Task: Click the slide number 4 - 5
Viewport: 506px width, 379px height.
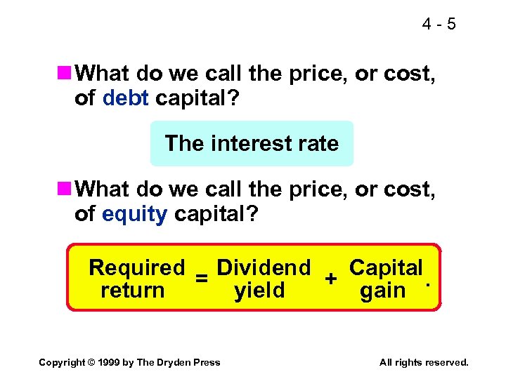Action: [439, 25]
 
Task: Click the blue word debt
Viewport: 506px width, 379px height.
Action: [125, 98]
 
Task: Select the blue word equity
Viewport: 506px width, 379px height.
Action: [134, 214]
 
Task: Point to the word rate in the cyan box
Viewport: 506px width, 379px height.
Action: [316, 144]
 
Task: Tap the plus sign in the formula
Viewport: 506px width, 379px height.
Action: [330, 279]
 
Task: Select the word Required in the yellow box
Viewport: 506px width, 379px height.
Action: [136, 268]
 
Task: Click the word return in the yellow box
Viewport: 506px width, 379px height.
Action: [132, 291]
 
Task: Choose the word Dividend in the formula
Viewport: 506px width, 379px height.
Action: [264, 268]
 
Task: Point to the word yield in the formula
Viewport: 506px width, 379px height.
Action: [259, 291]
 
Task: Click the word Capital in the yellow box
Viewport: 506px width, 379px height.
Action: [386, 268]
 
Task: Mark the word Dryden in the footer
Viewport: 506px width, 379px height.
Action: [174, 362]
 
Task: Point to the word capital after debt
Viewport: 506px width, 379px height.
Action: [195, 98]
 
